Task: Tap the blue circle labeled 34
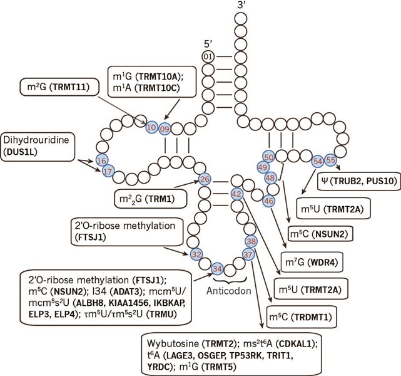tap(217, 268)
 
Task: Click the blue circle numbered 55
tap(332, 160)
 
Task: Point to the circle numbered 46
tap(269, 201)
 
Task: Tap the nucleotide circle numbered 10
tap(151, 128)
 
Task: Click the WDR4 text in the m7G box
tap(331, 261)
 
